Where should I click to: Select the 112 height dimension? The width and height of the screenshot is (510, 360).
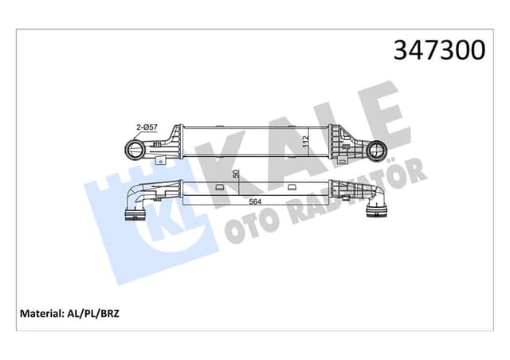point(307,142)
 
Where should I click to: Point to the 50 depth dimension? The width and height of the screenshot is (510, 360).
point(236,175)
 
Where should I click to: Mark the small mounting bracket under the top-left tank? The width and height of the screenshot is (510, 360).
point(162,161)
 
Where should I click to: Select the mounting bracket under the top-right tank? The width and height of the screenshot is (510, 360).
point(344,161)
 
